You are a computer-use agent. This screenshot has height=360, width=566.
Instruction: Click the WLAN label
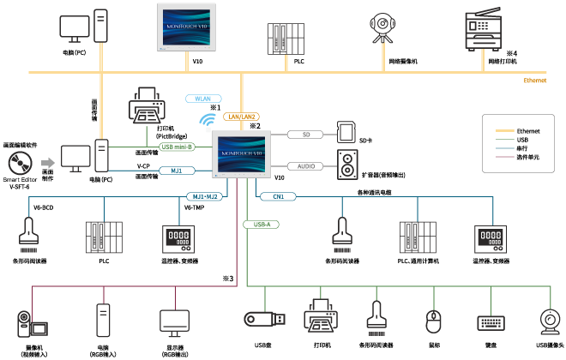pos(203,99)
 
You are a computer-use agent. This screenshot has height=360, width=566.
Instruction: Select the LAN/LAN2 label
pos(241,117)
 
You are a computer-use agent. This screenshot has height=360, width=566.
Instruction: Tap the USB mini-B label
pos(177,147)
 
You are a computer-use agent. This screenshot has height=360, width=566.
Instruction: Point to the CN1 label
pos(278,197)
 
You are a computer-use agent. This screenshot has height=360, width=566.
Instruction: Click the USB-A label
pos(261,225)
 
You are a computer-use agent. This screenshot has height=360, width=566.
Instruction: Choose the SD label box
pos(304,135)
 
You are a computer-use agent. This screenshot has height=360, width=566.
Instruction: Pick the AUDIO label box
pos(304,166)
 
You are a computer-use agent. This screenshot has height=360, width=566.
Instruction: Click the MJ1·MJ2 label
pos(205,197)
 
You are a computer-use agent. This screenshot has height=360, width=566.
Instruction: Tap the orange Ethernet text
pos(535,81)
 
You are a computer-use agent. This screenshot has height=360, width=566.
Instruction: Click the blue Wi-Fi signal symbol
pos(207,121)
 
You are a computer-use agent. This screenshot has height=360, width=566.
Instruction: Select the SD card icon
pos(346,134)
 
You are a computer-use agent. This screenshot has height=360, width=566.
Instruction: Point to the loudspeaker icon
pos(347,165)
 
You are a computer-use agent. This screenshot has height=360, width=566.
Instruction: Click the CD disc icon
pos(20,163)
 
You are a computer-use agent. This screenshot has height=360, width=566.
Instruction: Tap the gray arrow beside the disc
pos(48,163)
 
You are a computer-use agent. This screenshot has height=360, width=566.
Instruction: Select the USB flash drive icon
pos(264,319)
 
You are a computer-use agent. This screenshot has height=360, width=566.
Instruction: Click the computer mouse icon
pos(433,321)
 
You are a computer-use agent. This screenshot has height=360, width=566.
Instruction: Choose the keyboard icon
pos(491,323)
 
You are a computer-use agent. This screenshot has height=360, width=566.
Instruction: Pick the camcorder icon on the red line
pos(32,323)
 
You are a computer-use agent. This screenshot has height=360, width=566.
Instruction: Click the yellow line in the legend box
pos(504,131)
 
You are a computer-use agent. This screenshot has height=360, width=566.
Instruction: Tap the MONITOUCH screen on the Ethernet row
pos(186,26)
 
